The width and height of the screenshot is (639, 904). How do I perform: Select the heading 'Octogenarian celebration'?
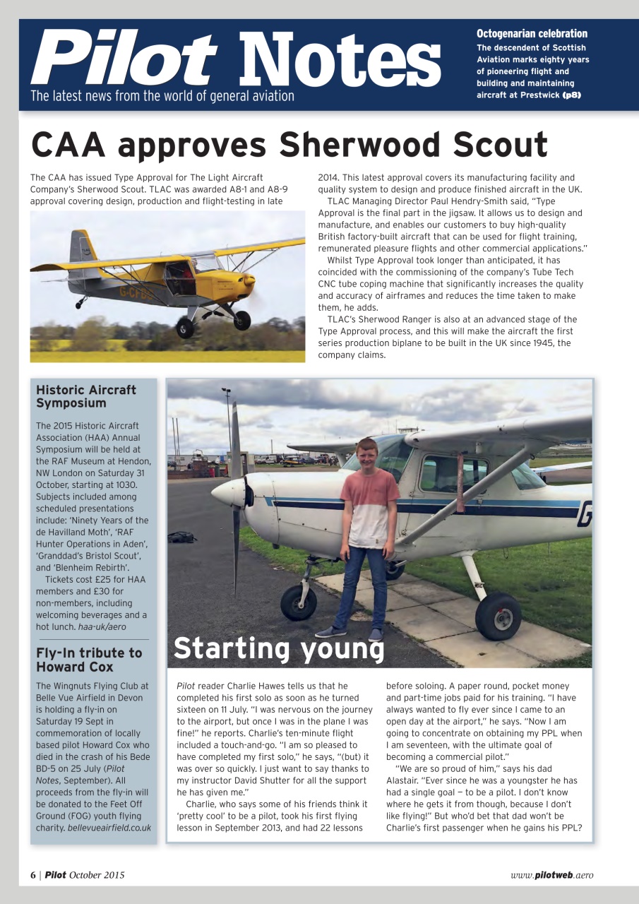532,34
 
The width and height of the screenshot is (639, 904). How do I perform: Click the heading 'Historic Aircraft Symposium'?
86,396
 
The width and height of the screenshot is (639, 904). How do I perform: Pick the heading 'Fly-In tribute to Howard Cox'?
89,660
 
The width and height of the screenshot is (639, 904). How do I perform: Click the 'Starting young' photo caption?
278,648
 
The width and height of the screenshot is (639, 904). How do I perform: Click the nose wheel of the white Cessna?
299,602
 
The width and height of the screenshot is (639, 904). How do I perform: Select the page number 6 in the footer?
33,875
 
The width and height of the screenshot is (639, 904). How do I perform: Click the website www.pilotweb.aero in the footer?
551,875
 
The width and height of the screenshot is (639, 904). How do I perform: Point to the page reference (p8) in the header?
571,95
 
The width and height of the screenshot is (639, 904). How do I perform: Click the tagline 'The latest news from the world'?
162,96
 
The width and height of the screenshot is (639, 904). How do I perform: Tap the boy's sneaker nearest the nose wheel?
330,631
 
